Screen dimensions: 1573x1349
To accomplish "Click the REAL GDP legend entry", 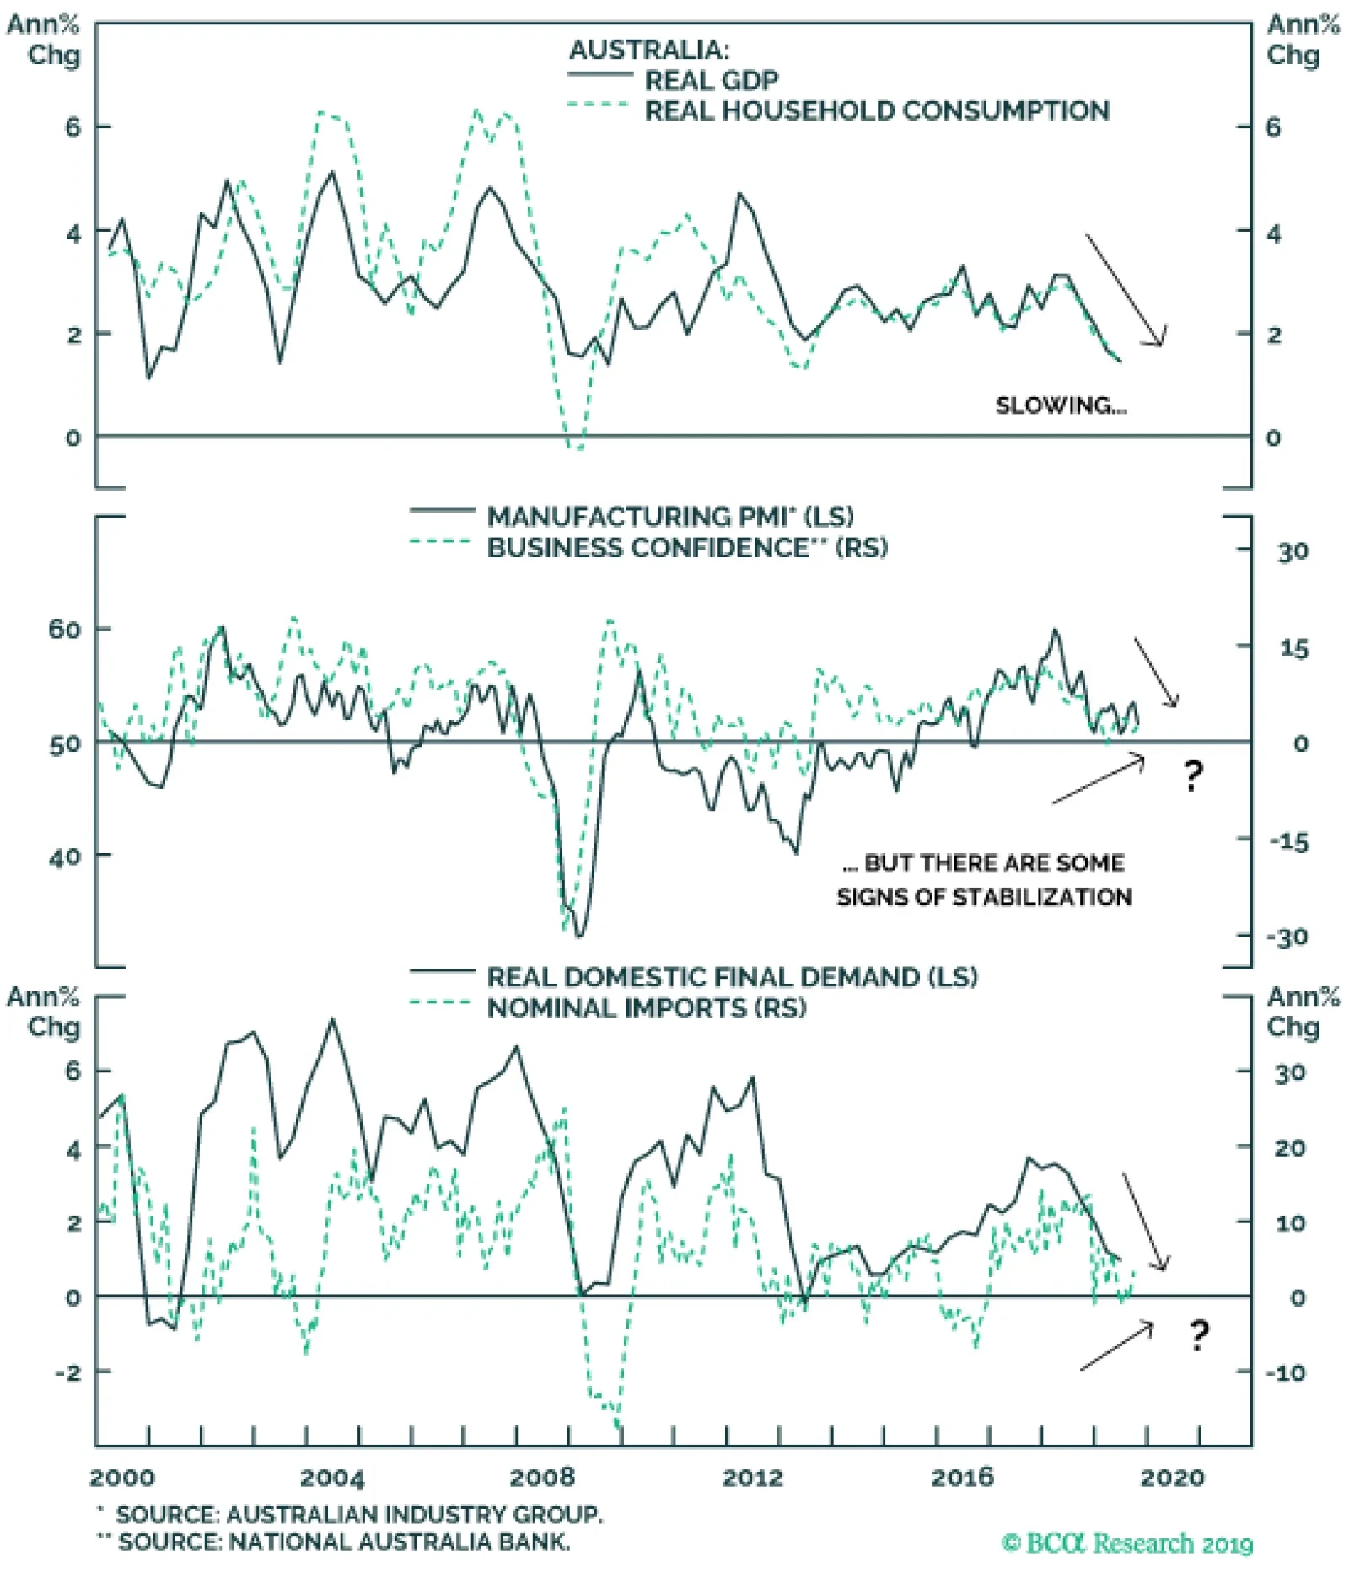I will [711, 80].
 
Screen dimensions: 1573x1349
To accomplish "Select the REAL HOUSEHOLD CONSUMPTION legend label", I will [877, 110].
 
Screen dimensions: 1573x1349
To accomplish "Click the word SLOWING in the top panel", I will [1052, 405].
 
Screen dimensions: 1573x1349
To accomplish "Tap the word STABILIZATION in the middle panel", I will [1042, 896].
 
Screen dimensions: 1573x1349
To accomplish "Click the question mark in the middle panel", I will [1192, 774].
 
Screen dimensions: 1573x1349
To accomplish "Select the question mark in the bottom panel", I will [1198, 1334].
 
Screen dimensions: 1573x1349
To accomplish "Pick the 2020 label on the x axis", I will [1172, 1478].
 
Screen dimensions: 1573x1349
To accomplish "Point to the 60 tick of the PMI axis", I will [65, 629].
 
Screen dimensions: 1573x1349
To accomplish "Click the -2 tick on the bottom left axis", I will [68, 1372].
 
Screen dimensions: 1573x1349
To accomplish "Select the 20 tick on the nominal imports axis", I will [1289, 1147].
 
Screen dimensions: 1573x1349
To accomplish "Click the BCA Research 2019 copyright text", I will [1126, 1543].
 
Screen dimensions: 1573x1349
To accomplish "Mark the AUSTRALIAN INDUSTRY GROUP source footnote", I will [358, 1515].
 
